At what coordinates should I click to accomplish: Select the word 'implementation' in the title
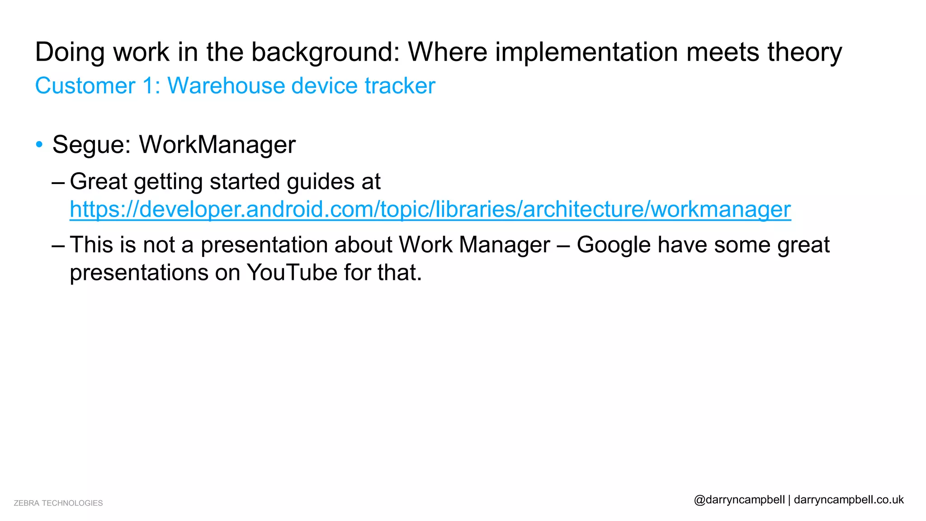(586, 52)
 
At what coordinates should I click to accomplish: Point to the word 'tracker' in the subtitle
(400, 85)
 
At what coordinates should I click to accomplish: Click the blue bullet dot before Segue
(39, 145)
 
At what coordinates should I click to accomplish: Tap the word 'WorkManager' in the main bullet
(217, 145)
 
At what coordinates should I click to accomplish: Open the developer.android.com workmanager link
(430, 209)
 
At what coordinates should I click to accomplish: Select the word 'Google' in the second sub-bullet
(613, 245)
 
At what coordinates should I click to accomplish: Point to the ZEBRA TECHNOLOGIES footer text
(58, 503)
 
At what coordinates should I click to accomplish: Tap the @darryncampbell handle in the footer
(739, 500)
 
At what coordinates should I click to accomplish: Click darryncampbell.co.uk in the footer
(849, 500)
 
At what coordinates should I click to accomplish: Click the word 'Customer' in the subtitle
(85, 85)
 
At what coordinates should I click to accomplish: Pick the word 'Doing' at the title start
(70, 52)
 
